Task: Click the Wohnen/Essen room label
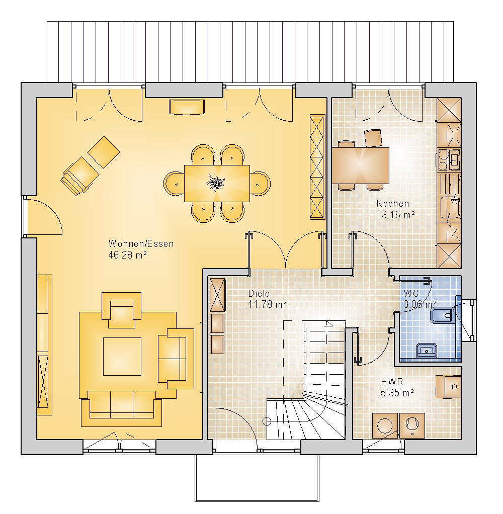(x=141, y=243)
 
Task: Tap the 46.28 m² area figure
(x=127, y=255)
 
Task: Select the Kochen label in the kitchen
(x=393, y=203)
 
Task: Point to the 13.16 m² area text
(x=395, y=215)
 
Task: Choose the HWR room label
(x=392, y=382)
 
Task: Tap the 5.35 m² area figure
(x=397, y=392)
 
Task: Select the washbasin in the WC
(x=427, y=351)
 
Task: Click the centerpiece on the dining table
(x=215, y=183)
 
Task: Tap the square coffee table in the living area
(x=122, y=356)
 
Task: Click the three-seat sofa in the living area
(x=121, y=408)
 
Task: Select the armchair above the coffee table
(x=122, y=310)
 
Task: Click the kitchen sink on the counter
(x=450, y=207)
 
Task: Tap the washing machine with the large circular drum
(x=385, y=425)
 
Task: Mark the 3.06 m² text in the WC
(x=420, y=304)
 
